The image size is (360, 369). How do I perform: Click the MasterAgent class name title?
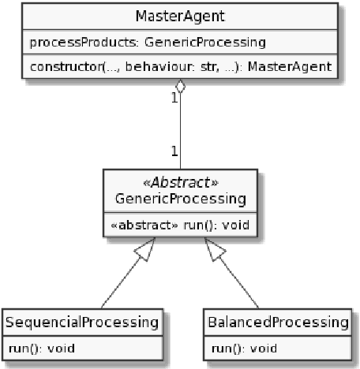(x=179, y=16)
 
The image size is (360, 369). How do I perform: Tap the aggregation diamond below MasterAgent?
(x=181, y=88)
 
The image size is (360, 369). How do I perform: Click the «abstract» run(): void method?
(x=181, y=224)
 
